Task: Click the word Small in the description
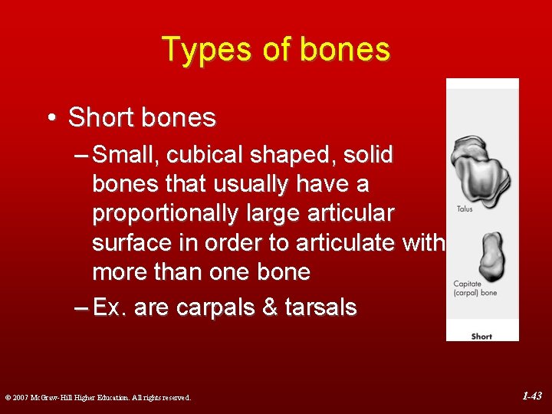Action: (x=128, y=155)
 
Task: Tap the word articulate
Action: (x=346, y=243)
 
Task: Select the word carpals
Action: (x=218, y=307)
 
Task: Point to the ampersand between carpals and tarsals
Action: (x=271, y=307)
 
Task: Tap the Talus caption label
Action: (x=465, y=209)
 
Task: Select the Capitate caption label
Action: (x=468, y=284)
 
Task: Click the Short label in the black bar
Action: (x=481, y=336)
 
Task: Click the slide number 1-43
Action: (x=531, y=396)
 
